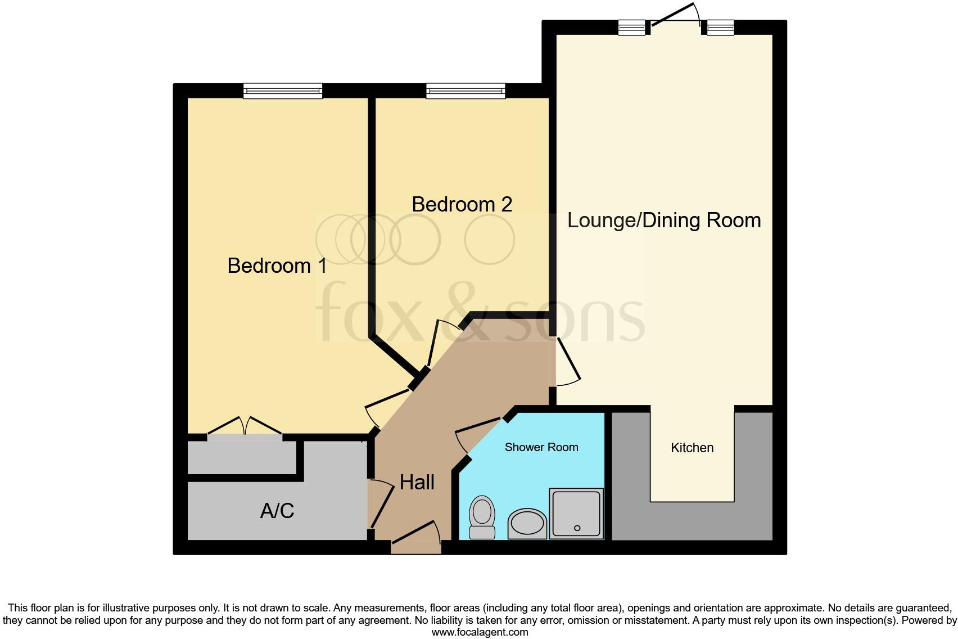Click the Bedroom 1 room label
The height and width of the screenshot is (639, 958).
[277, 265]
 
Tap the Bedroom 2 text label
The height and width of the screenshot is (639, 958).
[462, 204]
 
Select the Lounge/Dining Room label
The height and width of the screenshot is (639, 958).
[663, 220]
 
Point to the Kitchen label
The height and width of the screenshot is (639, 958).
[692, 448]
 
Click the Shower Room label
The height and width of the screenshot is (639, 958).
[541, 447]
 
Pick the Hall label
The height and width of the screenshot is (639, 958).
[417, 482]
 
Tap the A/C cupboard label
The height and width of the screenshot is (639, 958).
[277, 511]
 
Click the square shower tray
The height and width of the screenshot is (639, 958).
[576, 513]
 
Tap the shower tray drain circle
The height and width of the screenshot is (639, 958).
[577, 528]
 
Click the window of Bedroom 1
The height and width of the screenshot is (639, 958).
[283, 91]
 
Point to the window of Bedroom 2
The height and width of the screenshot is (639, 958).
[466, 91]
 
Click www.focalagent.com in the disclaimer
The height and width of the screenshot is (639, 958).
[480, 632]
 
